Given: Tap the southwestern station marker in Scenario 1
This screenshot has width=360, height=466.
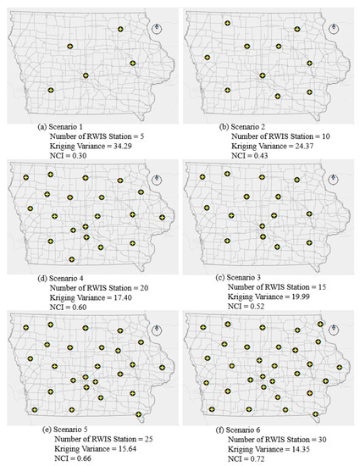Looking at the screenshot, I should [x=51, y=89].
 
